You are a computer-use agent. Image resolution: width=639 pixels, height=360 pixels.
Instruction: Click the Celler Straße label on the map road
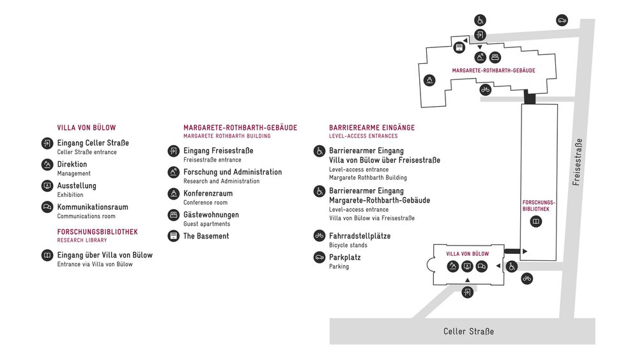coord(468,332)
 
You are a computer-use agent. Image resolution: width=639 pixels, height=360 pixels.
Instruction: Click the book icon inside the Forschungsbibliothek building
coord(536,221)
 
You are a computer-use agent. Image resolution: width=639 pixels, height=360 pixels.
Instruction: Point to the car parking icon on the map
coord(562,20)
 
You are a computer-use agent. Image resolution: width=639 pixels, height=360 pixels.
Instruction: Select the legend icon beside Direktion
coord(47,165)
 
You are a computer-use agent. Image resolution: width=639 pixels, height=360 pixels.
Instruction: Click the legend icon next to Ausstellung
coord(47,186)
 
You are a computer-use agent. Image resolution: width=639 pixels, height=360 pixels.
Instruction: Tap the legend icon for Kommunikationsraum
coord(47,207)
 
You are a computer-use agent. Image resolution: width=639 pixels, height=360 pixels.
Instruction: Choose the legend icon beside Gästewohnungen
coord(173,215)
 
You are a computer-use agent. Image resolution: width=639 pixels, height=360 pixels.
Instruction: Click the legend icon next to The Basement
coord(173,236)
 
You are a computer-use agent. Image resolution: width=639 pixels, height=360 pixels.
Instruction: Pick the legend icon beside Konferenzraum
coord(173,194)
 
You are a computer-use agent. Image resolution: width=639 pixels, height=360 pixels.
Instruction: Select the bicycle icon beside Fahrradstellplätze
coord(319,236)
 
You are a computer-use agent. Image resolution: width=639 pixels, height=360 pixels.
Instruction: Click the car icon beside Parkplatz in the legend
coord(319,257)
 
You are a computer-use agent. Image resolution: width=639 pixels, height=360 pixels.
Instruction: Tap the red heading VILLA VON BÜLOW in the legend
coord(86,128)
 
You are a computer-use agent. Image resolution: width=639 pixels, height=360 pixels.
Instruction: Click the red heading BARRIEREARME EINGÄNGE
coord(372,127)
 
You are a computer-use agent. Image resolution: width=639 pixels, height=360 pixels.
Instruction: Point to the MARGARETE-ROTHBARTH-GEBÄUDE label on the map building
coord(493,70)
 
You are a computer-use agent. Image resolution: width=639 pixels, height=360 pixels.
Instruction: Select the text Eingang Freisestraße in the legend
coord(218,151)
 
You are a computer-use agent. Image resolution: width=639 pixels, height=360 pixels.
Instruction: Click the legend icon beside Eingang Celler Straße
coord(47,144)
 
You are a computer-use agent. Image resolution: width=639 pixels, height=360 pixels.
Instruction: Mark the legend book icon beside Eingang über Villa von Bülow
coord(47,256)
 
